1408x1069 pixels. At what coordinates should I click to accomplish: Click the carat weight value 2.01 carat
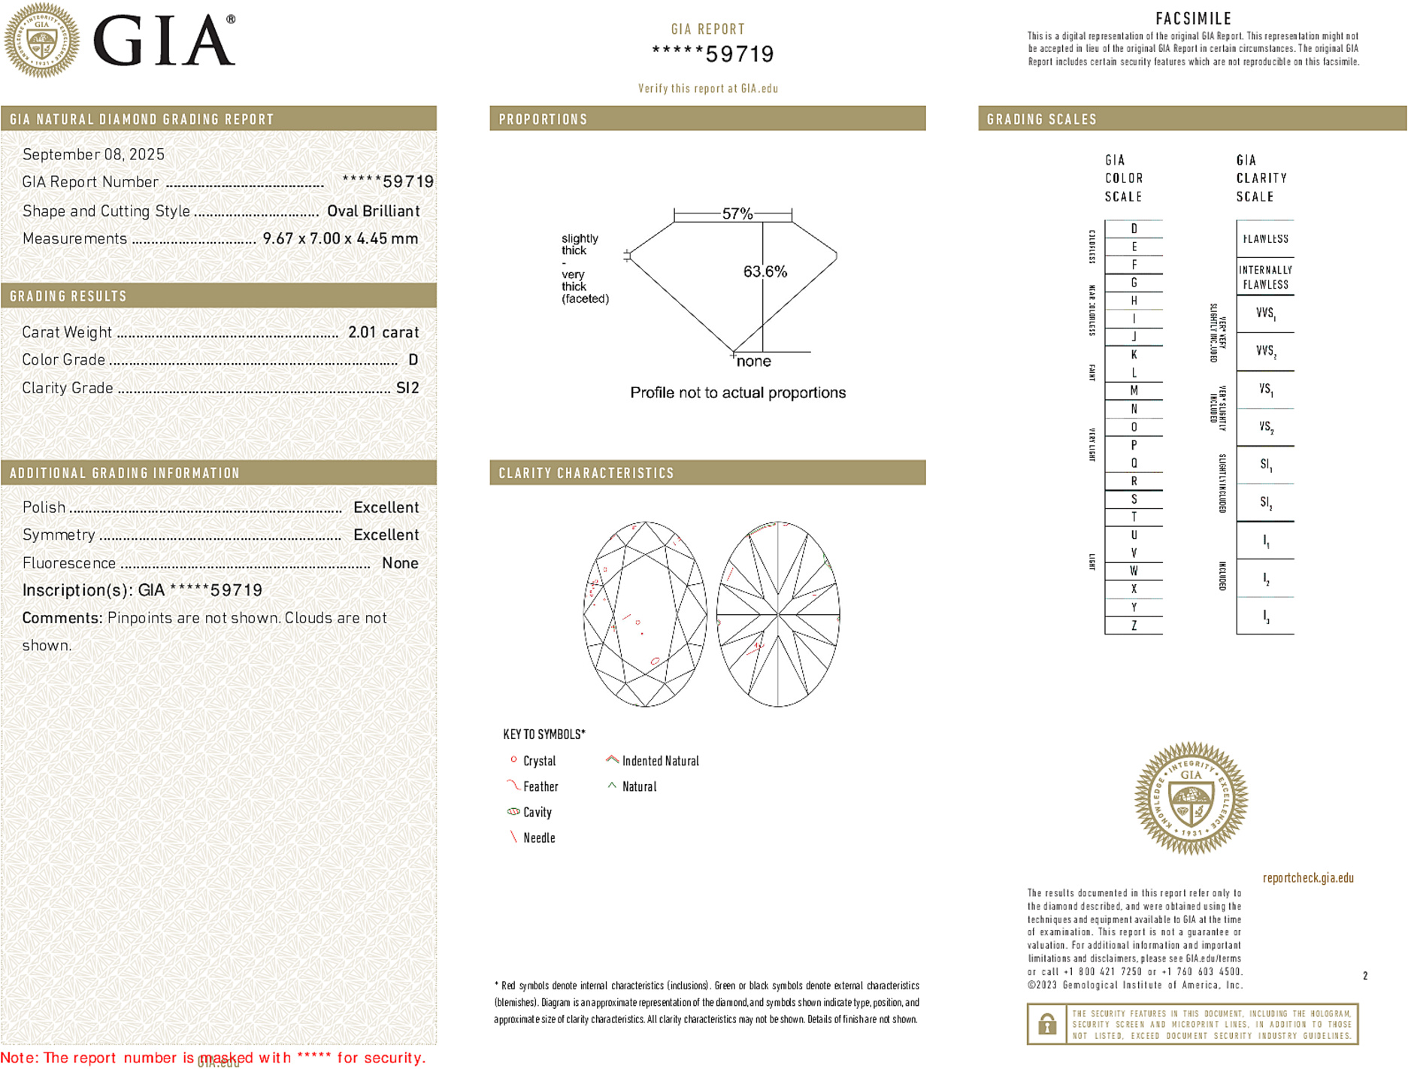pyautogui.click(x=383, y=332)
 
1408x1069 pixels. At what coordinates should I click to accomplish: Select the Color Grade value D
pyautogui.click(x=413, y=360)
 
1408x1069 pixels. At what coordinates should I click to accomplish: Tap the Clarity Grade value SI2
pyautogui.click(x=407, y=388)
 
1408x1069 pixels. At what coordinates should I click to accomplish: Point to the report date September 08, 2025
pyautogui.click(x=93, y=155)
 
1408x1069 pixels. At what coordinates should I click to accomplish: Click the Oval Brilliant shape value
pyautogui.click(x=373, y=211)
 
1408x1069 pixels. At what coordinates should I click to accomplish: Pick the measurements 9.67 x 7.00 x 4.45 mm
pyautogui.click(x=340, y=239)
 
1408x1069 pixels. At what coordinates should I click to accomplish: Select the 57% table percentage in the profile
pyautogui.click(x=737, y=214)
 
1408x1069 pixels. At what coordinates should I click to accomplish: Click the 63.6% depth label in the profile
pyautogui.click(x=765, y=271)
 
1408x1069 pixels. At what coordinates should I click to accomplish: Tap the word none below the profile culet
pyautogui.click(x=754, y=362)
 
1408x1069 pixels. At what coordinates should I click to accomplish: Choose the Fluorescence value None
pyautogui.click(x=400, y=563)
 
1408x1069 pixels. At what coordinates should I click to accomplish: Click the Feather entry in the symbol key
pyautogui.click(x=540, y=787)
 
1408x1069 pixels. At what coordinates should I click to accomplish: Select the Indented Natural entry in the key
pyautogui.click(x=660, y=762)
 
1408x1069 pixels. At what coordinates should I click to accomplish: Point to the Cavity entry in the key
pyautogui.click(x=537, y=813)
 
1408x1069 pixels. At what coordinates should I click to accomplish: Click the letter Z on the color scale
pyautogui.click(x=1134, y=625)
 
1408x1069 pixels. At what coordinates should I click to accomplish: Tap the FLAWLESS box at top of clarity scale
pyautogui.click(x=1265, y=239)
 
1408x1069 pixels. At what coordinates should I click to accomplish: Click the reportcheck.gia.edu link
pyautogui.click(x=1308, y=878)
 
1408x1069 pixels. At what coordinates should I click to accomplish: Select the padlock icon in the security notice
pyautogui.click(x=1046, y=1024)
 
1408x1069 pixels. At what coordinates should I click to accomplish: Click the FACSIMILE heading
pyautogui.click(x=1193, y=19)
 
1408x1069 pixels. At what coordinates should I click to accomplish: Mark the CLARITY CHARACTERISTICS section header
pyautogui.click(x=586, y=474)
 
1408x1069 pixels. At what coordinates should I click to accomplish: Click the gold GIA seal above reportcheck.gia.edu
pyautogui.click(x=1191, y=798)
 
